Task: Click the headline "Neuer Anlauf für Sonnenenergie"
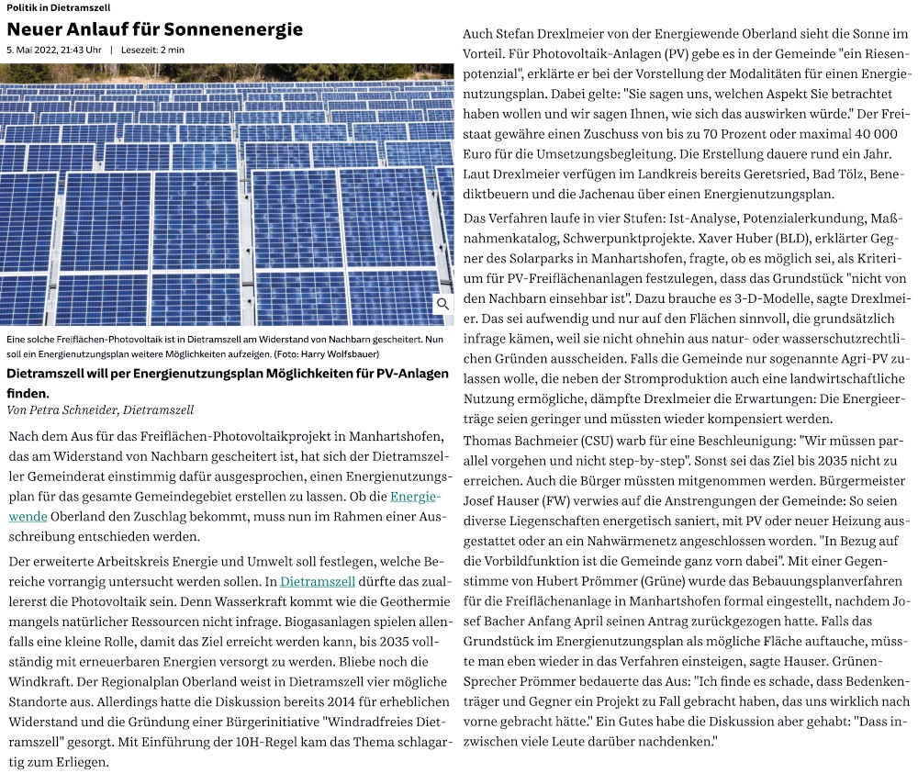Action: tap(154, 29)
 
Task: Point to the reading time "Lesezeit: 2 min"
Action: tap(152, 49)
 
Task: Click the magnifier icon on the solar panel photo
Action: tap(442, 304)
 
